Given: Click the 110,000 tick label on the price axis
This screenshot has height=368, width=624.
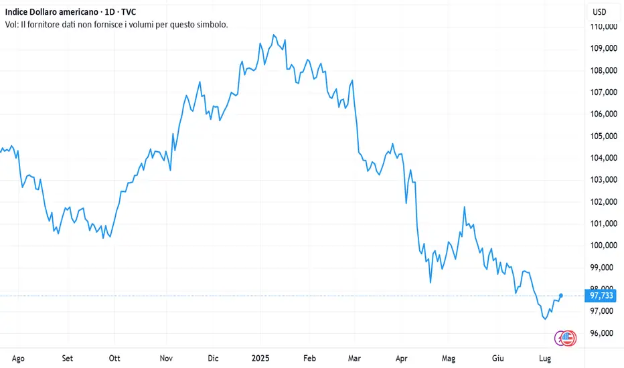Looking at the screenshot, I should [603, 26].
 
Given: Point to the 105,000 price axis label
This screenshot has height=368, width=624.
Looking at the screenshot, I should [603, 136].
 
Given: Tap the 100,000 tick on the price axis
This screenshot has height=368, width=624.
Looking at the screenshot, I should [603, 246].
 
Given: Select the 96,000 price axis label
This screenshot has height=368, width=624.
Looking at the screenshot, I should [603, 333].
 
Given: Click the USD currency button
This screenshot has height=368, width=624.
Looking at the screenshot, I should [600, 11].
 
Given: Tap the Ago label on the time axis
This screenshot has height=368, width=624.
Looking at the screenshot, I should [18, 358].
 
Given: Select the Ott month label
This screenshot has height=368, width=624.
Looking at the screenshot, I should [116, 358].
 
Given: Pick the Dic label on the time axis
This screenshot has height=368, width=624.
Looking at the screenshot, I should [214, 358].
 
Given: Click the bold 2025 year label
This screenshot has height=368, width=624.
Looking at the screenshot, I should [260, 358].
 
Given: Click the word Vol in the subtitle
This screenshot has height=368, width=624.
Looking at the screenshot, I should [11, 24].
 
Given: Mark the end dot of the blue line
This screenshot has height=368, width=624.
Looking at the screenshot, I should [561, 295].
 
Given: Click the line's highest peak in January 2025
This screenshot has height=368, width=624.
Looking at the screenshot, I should [273, 35].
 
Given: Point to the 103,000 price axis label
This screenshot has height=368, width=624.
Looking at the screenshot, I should [603, 180].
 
